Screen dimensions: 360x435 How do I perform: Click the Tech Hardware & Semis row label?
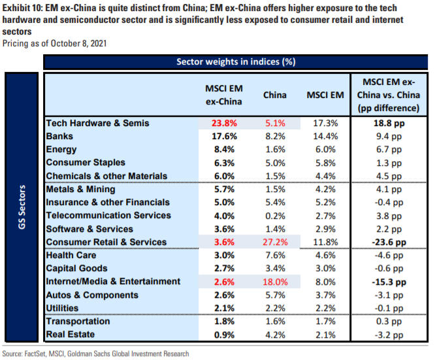point(97,122)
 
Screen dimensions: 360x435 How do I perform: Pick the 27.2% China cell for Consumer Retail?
point(274,242)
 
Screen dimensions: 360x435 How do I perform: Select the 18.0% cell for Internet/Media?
point(274,282)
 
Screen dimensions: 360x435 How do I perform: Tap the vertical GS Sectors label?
point(23,209)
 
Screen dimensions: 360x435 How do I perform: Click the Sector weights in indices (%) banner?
point(236,62)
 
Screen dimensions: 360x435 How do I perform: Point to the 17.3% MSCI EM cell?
point(325,122)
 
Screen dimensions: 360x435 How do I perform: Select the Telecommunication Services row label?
point(108,215)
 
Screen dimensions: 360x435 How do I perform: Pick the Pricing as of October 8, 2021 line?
point(56,43)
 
